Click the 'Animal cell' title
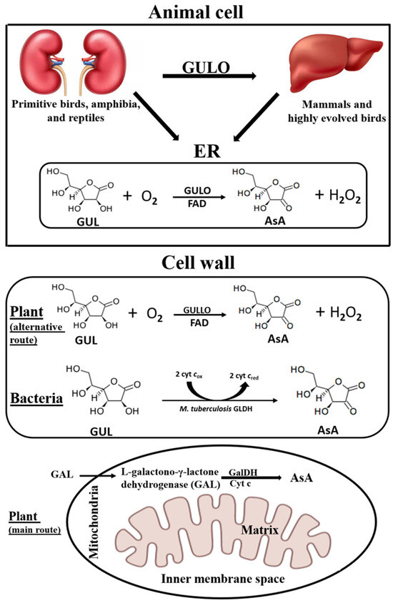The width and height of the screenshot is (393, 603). pyautogui.click(x=196, y=11)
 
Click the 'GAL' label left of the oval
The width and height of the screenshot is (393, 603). pyautogui.click(x=62, y=473)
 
